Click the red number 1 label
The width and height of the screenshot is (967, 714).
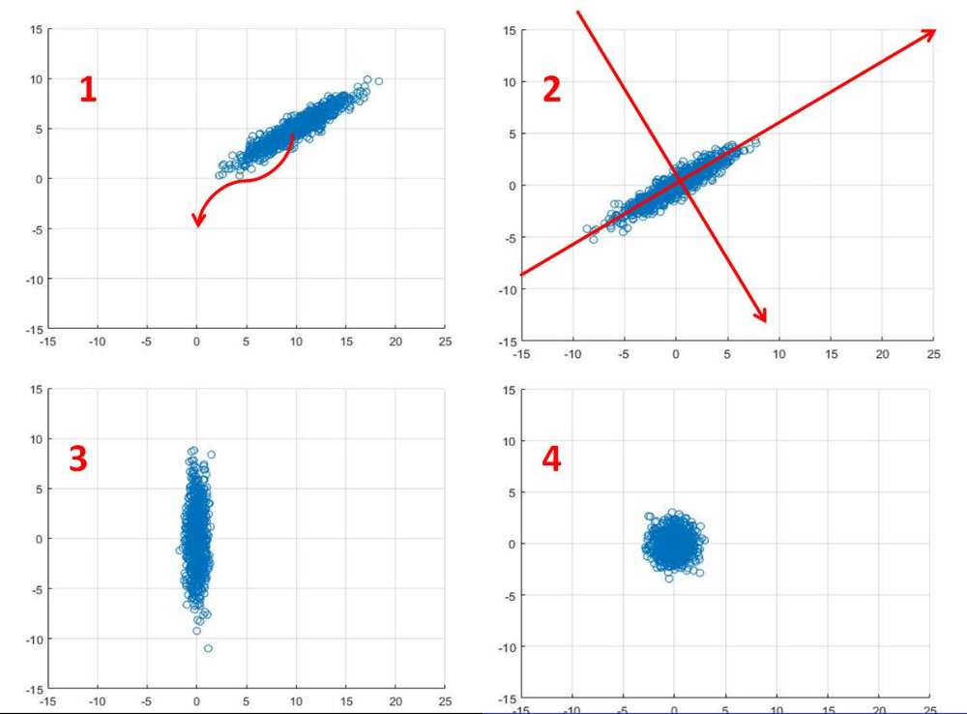point(88,90)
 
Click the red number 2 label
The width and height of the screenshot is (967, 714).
point(551,90)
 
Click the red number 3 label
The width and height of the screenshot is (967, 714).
point(78,460)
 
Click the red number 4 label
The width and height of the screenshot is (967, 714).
point(551,460)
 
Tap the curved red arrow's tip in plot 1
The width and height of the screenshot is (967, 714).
point(197,225)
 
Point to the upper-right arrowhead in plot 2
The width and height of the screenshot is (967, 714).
point(934,31)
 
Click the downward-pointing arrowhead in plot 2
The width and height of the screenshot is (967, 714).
point(765,320)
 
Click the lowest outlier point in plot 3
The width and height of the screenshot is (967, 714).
point(208,647)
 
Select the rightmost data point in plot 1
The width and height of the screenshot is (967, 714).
point(378,81)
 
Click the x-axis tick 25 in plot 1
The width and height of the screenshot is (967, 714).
point(444,341)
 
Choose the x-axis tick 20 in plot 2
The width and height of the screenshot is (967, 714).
point(882,355)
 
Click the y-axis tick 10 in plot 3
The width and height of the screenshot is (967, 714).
point(36,438)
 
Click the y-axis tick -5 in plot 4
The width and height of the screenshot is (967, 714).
point(505,595)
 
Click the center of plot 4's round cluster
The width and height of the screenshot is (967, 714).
point(674,544)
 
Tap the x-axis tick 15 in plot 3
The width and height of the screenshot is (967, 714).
point(345,699)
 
